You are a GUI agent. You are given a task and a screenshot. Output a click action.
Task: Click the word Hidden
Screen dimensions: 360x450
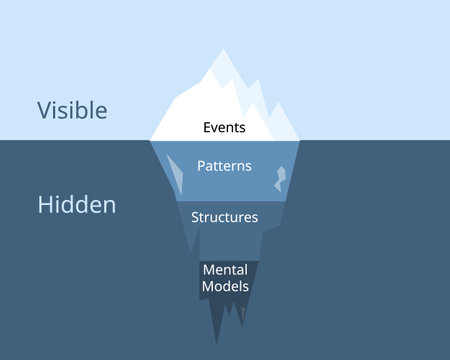click(76, 204)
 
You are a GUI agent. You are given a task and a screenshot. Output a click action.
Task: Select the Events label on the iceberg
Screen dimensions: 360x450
click(224, 128)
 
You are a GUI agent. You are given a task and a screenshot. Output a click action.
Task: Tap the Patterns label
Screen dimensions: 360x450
click(224, 165)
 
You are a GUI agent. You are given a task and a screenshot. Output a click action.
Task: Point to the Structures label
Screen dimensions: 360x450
click(224, 217)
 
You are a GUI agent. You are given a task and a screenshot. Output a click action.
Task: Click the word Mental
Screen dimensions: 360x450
click(225, 269)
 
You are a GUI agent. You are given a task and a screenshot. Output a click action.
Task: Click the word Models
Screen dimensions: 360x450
click(225, 285)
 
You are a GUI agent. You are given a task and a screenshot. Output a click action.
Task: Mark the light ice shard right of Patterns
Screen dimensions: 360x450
click(280, 177)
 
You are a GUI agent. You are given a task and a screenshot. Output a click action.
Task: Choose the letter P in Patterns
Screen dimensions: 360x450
click(200, 165)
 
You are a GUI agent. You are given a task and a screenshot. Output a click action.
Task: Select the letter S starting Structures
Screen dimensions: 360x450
click(194, 217)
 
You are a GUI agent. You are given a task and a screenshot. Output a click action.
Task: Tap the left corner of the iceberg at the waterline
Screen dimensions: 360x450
click(151, 139)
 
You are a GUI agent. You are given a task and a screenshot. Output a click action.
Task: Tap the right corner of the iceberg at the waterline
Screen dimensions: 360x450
click(299, 139)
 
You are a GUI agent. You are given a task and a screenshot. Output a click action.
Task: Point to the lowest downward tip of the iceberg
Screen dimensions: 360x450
click(217, 345)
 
